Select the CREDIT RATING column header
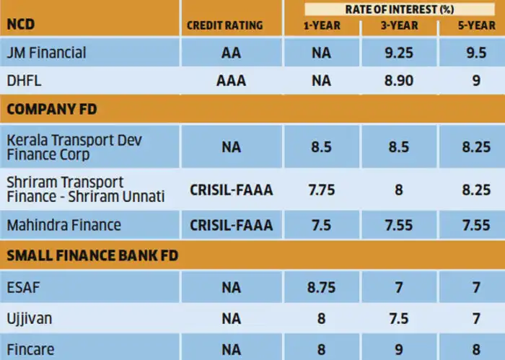224,25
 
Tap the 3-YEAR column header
397,25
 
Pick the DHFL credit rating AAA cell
232,80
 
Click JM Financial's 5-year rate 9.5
476,52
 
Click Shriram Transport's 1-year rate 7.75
320,190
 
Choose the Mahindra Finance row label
63,225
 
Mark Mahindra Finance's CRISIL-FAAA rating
232,225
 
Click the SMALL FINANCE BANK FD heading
92,254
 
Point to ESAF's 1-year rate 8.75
320,288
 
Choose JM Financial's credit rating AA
232,52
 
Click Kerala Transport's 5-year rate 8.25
476,146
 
